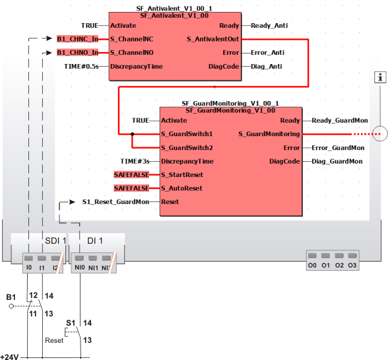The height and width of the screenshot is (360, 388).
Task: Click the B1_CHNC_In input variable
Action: pos(77,39)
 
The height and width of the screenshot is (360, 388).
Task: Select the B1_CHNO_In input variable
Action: pos(77,53)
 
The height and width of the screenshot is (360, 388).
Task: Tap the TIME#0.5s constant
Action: pos(81,67)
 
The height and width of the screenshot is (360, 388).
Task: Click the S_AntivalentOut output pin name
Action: pos(212,39)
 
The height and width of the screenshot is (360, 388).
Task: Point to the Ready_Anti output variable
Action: pos(269,26)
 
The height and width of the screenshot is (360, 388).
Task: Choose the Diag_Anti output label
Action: pos(267,67)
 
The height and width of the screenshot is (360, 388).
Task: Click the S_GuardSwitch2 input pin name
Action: pos(187,148)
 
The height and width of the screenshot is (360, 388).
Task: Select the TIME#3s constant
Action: pos(135,162)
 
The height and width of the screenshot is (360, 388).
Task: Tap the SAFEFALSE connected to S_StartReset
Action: pos(131,175)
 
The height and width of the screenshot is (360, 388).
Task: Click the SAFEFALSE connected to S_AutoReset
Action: pos(131,188)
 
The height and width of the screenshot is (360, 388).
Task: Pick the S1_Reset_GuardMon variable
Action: pos(115,202)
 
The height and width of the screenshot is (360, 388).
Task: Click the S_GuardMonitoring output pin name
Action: pos(269,134)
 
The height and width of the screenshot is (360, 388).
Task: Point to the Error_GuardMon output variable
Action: pos(338,148)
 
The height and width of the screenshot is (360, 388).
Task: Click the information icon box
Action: pos(380,77)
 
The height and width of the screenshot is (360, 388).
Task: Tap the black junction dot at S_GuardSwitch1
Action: pos(133,134)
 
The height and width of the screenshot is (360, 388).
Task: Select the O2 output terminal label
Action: pos(339,266)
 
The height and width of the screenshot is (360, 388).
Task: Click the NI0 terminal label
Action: pos(80,268)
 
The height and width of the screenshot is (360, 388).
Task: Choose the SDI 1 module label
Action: pos(55,240)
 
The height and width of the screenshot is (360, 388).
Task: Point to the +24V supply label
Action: pos(9,357)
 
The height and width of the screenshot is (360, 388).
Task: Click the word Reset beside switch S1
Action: pos(54,340)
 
